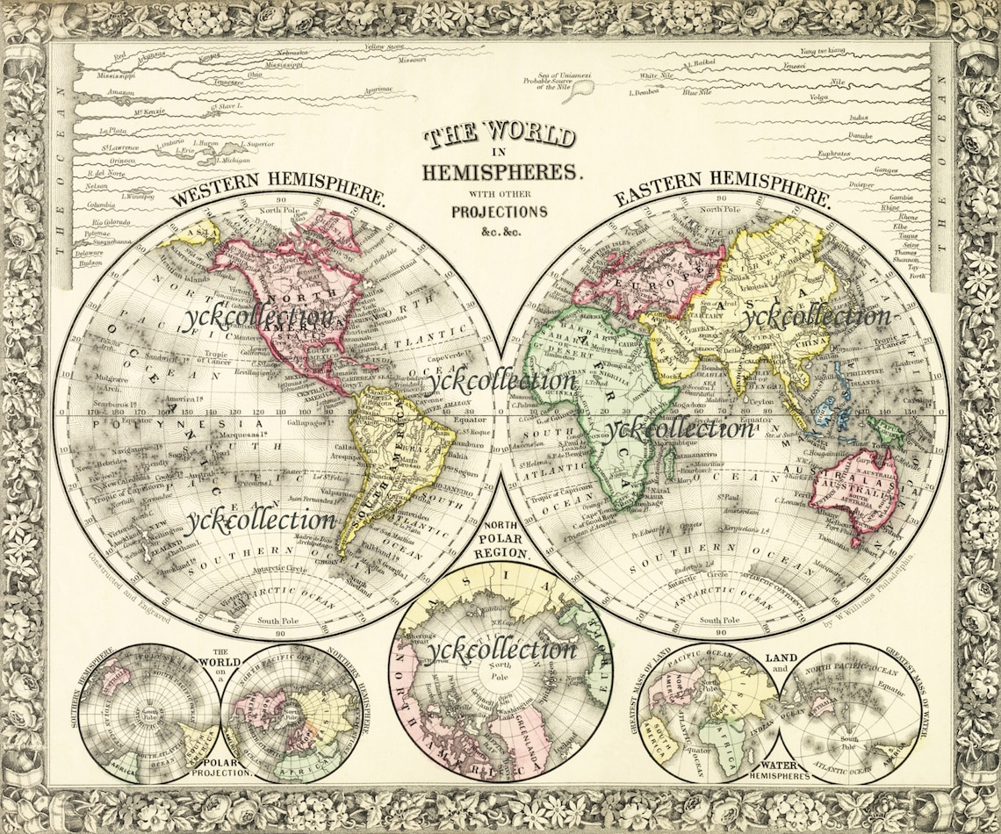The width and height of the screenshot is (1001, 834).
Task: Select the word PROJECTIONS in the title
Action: (500, 212)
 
